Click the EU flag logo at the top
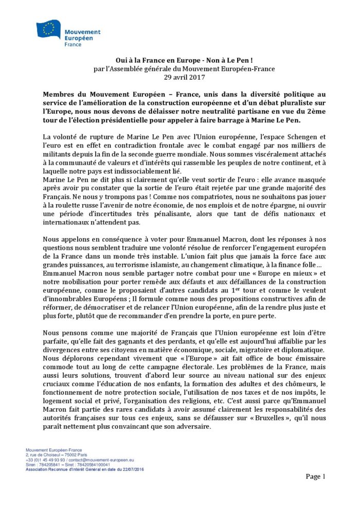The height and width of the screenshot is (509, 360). tap(49, 29)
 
